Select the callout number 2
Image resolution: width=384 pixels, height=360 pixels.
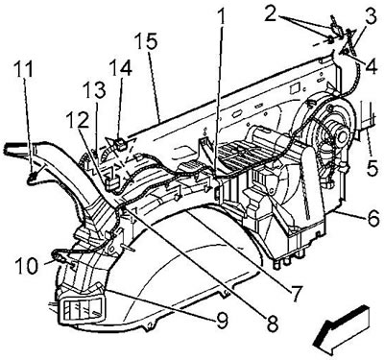271,13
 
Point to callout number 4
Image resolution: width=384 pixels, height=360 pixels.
372,66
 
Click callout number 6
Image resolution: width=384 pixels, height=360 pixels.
372,219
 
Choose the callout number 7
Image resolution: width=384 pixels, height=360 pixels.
295,292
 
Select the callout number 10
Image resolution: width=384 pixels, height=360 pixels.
27,267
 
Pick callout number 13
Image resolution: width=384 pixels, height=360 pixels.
94,90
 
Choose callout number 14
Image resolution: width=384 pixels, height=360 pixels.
120,68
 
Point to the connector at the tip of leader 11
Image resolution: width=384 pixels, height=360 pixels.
33,177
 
